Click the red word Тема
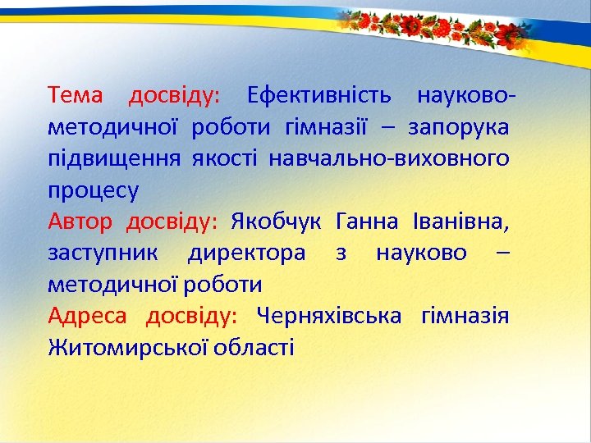tap(76, 96)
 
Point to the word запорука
tap(458, 128)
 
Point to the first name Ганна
tap(367, 222)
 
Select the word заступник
tap(104, 254)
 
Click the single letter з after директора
tap(341, 254)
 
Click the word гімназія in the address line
tap(465, 317)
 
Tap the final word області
tap(254, 348)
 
